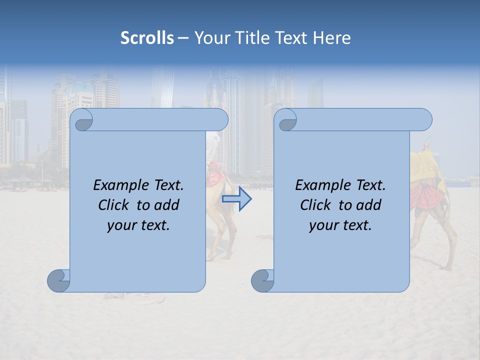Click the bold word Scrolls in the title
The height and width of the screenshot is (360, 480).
click(x=147, y=38)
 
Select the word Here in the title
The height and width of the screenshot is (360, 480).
click(x=331, y=38)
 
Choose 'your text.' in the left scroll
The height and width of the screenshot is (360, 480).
click(x=138, y=225)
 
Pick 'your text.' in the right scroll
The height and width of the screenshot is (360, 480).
click(x=340, y=225)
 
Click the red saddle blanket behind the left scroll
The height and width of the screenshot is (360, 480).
click(x=214, y=172)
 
